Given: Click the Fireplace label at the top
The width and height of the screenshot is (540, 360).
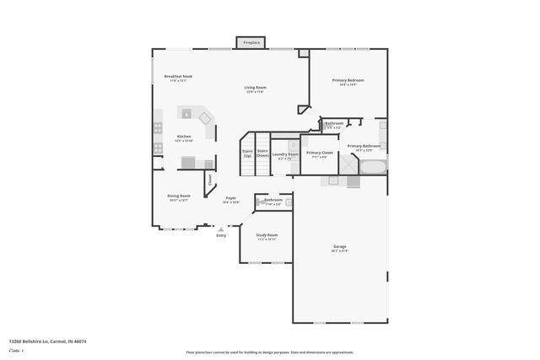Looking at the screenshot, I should tap(251, 42).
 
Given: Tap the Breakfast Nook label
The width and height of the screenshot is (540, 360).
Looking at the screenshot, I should tap(178, 77).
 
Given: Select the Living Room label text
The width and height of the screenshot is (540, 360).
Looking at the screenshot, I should tap(255, 88).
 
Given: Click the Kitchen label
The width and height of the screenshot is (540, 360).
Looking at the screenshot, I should tap(183, 137).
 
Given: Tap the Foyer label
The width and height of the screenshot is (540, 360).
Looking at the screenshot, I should tap(230, 198).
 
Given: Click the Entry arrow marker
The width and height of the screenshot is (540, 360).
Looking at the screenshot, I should tap(221, 228).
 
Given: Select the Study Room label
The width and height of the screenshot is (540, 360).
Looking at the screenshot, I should tap(267, 235).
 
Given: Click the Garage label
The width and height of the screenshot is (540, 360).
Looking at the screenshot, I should tap(339, 247).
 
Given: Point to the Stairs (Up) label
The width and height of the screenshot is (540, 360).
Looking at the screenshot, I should tap(247, 153).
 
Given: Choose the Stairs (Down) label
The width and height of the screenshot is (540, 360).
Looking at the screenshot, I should tap(262, 153).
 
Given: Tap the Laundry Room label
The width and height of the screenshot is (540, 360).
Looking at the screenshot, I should tap(285, 154).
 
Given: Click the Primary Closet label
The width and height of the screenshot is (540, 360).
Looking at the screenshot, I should tap(319, 153).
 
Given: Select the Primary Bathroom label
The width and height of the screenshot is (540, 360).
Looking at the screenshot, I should tap(364, 146).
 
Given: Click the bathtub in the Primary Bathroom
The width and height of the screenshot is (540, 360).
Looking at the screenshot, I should tap(372, 165).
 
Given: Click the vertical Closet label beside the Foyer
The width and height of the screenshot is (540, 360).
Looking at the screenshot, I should tap(210, 179).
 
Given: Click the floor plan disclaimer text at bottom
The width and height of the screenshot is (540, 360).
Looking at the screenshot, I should tap(270, 352).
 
